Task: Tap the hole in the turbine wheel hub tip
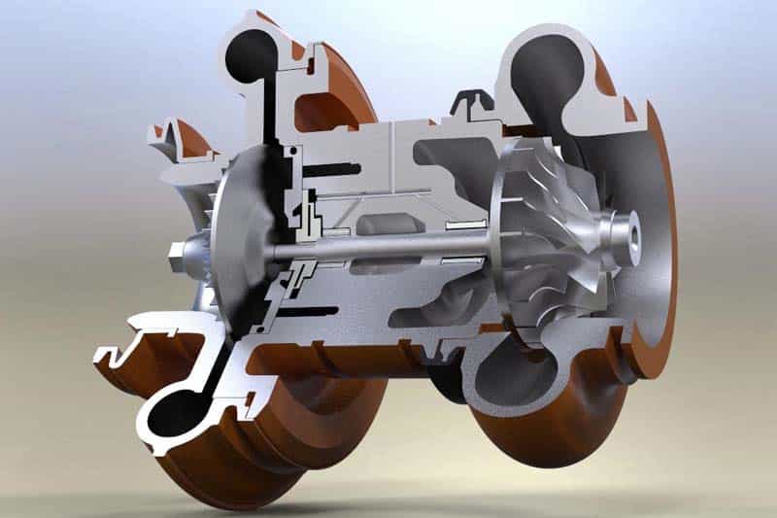point(636,233)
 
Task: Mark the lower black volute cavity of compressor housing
point(181,408)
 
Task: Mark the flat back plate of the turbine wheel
point(497,243)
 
